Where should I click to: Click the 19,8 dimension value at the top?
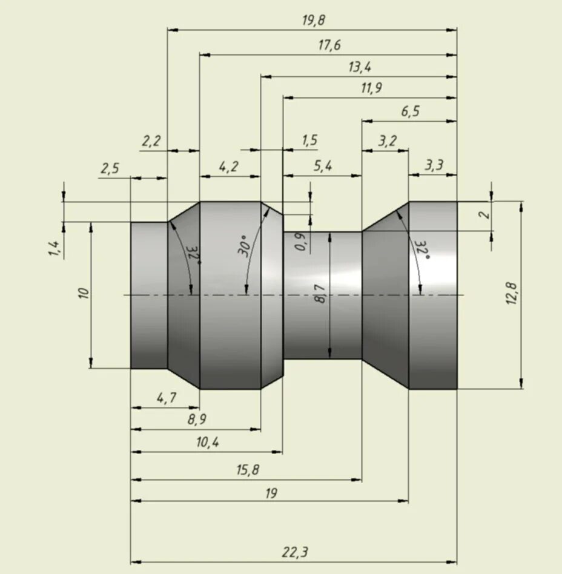click(313, 20)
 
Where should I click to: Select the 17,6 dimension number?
click(329, 45)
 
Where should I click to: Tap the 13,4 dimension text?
click(359, 67)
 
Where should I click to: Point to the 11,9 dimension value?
click(371, 88)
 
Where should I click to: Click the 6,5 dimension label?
click(410, 111)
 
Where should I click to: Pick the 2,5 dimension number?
click(110, 169)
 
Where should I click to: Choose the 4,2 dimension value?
click(228, 167)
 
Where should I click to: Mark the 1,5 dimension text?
click(309, 140)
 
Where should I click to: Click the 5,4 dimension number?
click(322, 167)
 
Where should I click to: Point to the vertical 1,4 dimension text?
click(54, 248)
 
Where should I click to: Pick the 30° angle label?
click(243, 246)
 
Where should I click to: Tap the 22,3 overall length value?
click(295, 552)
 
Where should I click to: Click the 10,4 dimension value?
click(207, 443)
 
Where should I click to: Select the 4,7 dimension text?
click(166, 398)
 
